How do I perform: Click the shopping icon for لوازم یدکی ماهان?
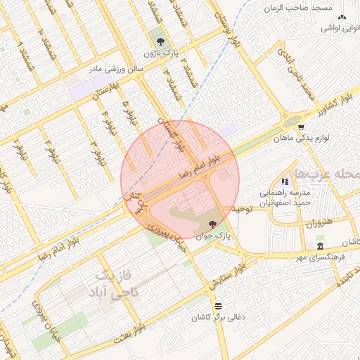click(301, 127)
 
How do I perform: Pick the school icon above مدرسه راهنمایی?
click(285, 181)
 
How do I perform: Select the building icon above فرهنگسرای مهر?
click(320, 246)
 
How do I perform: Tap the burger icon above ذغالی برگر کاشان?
click(218, 306)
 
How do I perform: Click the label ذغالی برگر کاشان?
click(218, 318)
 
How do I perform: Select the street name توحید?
click(242, 209)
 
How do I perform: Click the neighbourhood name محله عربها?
click(330, 173)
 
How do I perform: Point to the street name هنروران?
click(317, 222)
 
